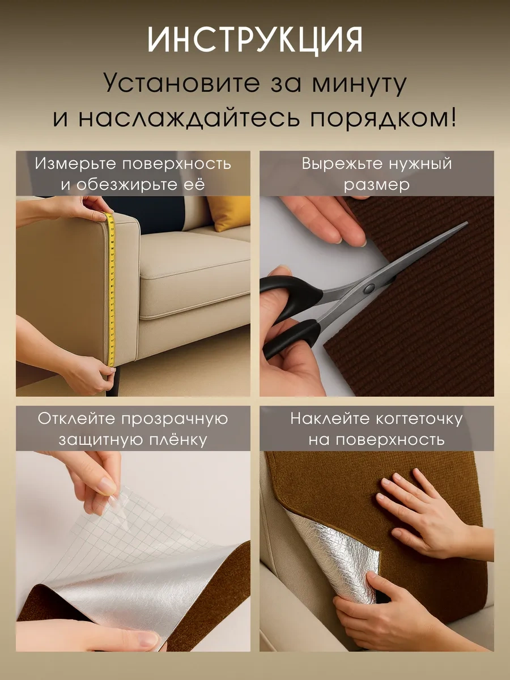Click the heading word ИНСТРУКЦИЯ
(x=255, y=40)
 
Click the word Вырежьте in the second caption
(x=341, y=164)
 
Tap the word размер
(x=376, y=185)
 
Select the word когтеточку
(x=416, y=419)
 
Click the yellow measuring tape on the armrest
(x=111, y=283)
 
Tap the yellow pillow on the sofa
(x=229, y=212)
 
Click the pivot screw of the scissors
(x=369, y=287)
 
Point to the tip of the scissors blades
(x=465, y=224)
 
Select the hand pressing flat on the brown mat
(x=419, y=510)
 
